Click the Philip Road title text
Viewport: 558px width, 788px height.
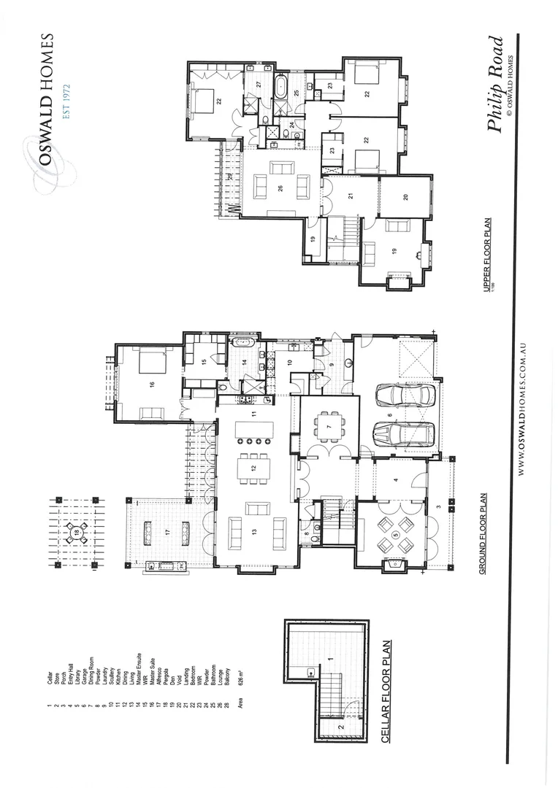tap(497, 85)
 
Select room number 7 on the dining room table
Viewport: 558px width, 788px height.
tap(329, 425)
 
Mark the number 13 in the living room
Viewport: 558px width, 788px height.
tap(254, 530)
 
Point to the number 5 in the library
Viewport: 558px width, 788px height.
tap(396, 535)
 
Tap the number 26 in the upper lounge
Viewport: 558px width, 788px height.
tap(281, 188)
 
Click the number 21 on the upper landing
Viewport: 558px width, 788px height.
tap(351, 196)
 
